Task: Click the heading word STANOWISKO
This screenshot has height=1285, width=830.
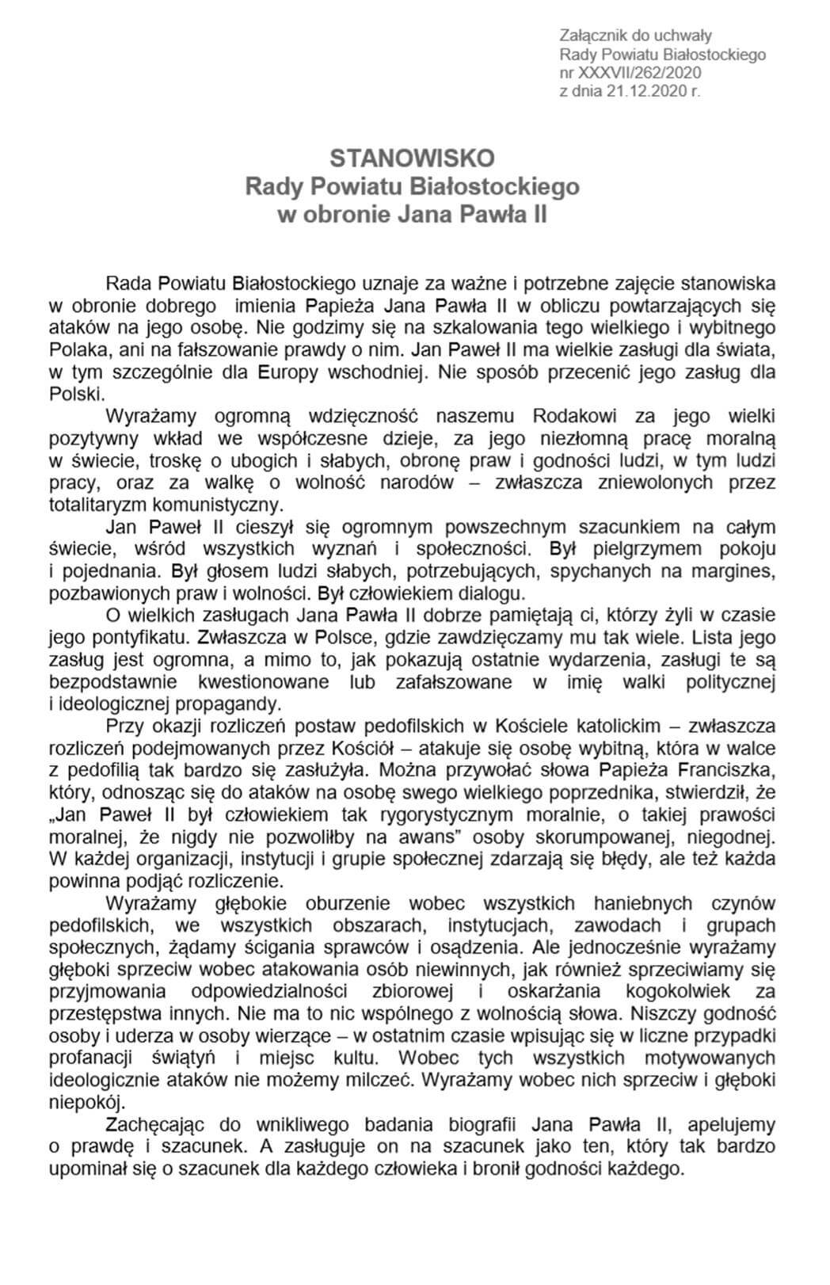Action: [x=412, y=158]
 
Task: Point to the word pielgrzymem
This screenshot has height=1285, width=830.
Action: [x=619, y=549]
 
